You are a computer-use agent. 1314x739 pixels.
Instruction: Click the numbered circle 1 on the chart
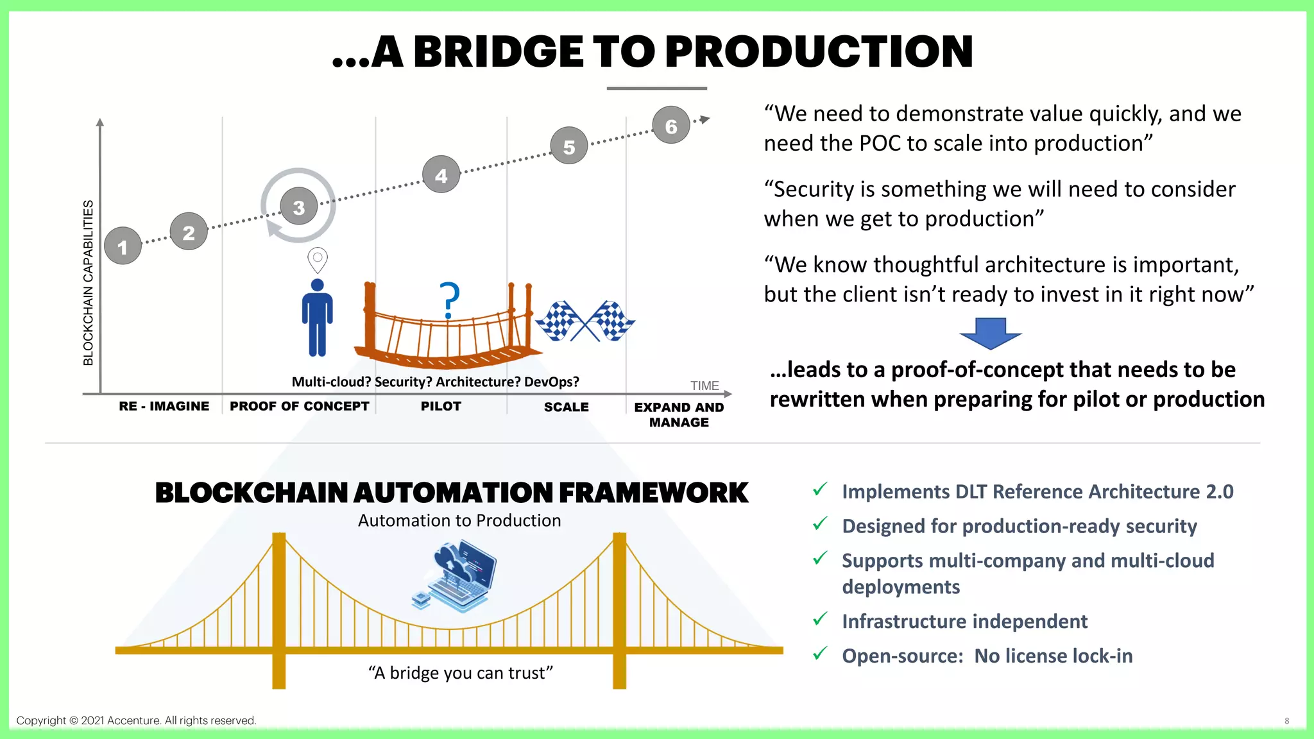tap(123, 246)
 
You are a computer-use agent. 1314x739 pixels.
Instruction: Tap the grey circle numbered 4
tap(441, 174)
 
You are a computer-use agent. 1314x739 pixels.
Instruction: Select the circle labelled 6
tap(671, 125)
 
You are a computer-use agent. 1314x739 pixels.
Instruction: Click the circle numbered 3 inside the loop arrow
tap(299, 207)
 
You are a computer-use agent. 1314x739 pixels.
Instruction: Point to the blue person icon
tap(318, 318)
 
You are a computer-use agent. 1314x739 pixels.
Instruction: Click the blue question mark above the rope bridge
tap(450, 300)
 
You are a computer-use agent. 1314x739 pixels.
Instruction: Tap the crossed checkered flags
tap(585, 321)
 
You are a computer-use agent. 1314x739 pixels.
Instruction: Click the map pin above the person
tap(318, 260)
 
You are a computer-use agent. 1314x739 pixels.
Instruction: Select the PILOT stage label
tap(441, 406)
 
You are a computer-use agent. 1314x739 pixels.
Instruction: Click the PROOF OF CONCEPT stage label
tap(300, 406)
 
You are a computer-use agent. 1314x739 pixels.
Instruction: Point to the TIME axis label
tap(704, 386)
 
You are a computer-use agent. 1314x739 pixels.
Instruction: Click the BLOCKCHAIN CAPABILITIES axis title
tap(89, 283)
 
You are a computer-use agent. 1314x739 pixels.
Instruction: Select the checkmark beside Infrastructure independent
tap(820, 620)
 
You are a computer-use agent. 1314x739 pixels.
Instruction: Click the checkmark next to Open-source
tap(820, 654)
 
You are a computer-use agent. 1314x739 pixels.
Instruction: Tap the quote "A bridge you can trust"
tap(461, 673)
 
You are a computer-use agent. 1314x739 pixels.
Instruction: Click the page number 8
tap(1286, 721)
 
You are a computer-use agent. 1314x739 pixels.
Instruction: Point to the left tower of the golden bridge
tap(279, 609)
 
